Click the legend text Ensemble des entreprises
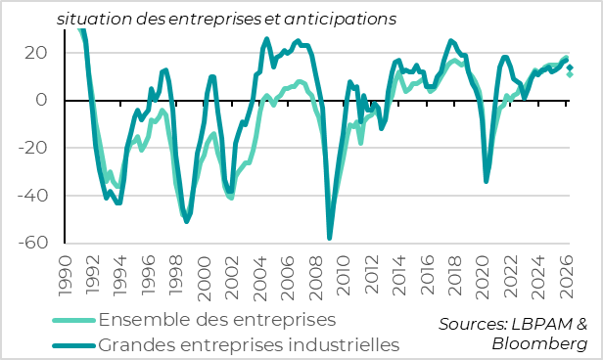tap(217, 320)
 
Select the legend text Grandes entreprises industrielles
tap(250, 344)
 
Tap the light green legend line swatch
tap(74, 321)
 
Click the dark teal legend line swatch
tap(74, 345)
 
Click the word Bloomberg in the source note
tap(541, 345)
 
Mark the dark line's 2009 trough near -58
tap(330, 238)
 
